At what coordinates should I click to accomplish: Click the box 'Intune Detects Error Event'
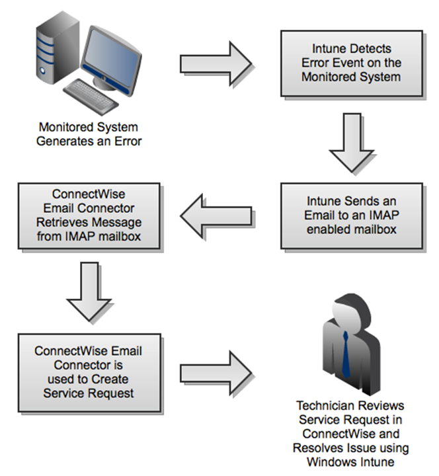pyautogui.click(x=351, y=63)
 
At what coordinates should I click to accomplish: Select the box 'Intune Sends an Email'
pyautogui.click(x=351, y=216)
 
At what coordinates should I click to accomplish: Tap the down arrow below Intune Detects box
pyautogui.click(x=351, y=141)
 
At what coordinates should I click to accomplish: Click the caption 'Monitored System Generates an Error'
pyautogui.click(x=90, y=134)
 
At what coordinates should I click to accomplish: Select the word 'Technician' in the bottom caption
pyautogui.click(x=325, y=404)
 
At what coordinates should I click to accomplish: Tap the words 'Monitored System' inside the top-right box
pyautogui.click(x=351, y=76)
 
